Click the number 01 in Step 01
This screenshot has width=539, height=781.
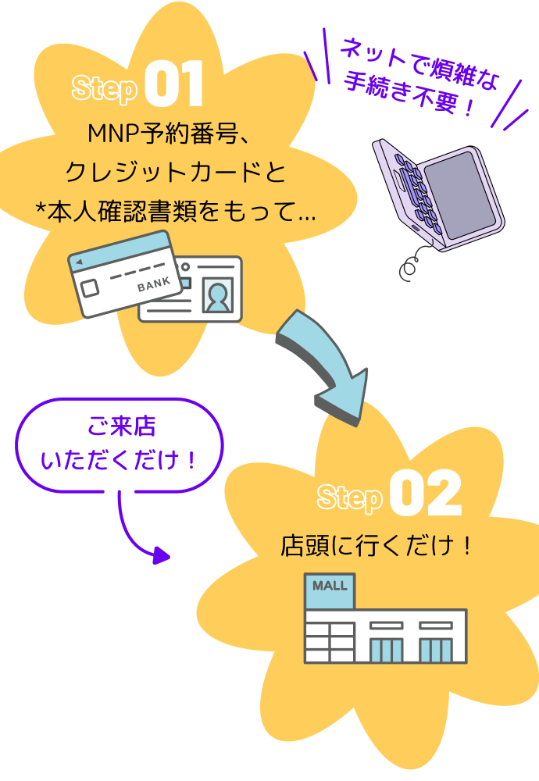[x=173, y=86]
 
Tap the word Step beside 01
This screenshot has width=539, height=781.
[x=104, y=88]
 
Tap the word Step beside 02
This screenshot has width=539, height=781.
[x=349, y=497]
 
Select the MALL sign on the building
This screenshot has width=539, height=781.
[x=330, y=586]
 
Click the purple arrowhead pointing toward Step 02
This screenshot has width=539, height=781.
[x=161, y=556]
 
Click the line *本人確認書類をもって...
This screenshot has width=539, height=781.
[x=176, y=212]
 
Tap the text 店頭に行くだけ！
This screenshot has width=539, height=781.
[x=377, y=546]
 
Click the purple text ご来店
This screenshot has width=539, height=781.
[x=121, y=428]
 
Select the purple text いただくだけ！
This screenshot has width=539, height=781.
[x=120, y=461]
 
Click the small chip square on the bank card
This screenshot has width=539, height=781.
[x=90, y=288]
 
